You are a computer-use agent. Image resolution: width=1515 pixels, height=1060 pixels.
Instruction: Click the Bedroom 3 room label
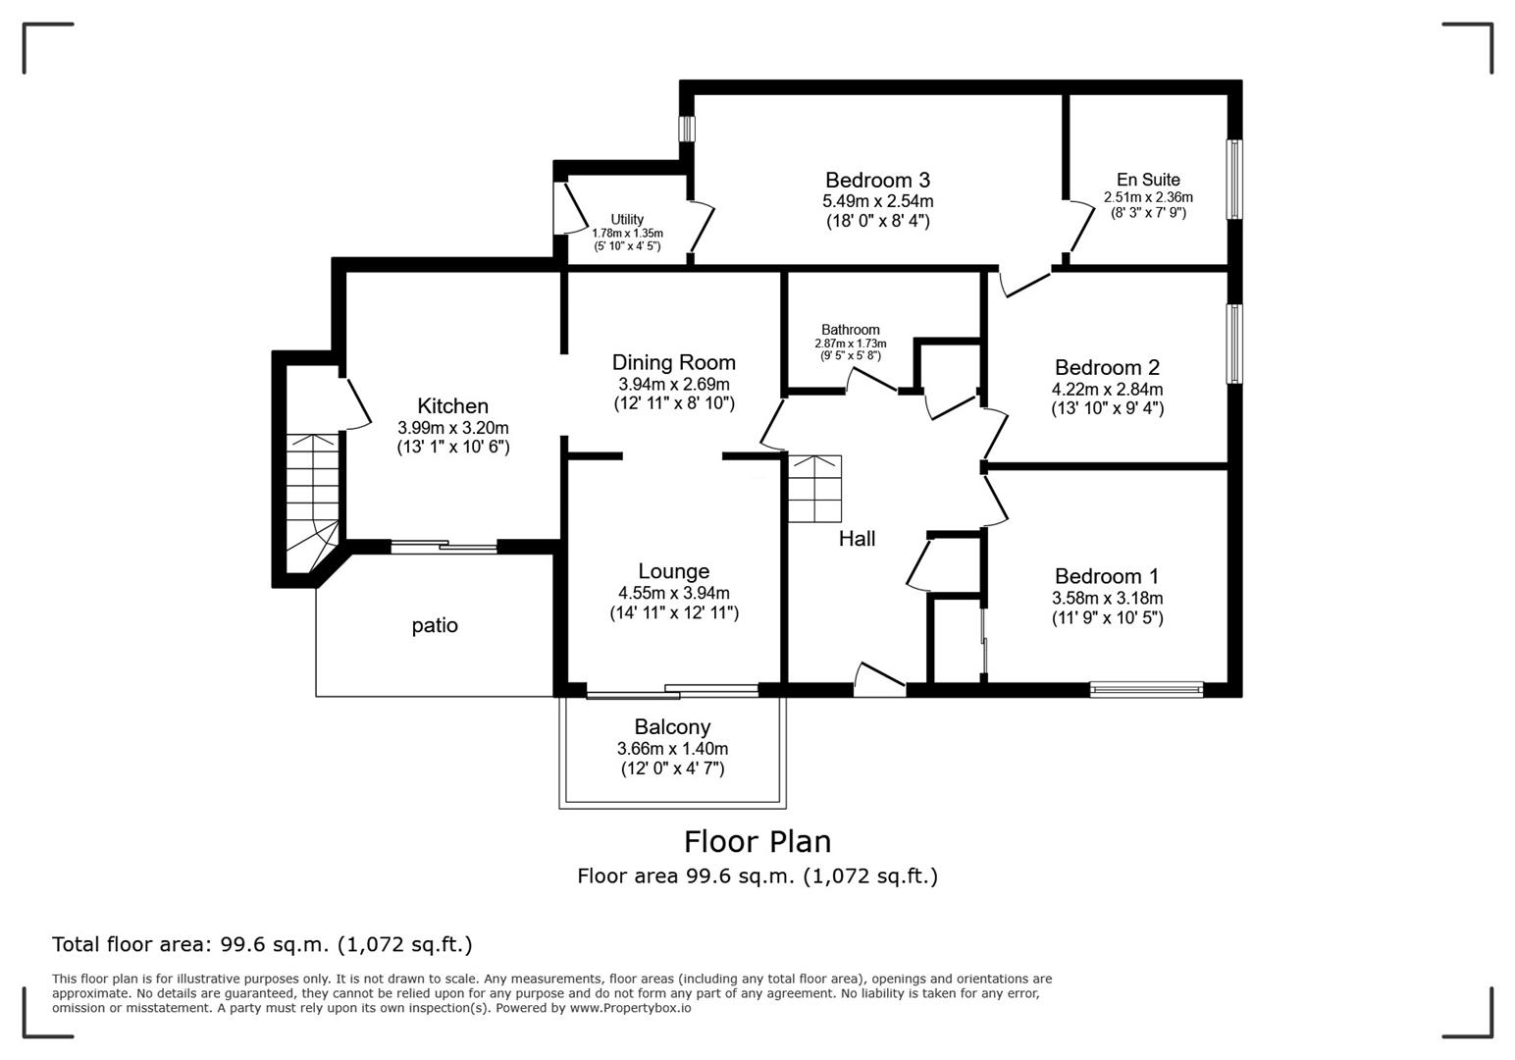[878, 180]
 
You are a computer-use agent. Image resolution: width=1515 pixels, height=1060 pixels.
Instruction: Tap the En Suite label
[1148, 180]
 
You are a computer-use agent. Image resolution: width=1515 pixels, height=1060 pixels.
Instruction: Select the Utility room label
[627, 219]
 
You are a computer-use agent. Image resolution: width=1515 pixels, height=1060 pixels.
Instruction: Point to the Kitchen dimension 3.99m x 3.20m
[453, 428]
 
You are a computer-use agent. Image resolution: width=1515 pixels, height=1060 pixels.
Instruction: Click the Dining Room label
[674, 362]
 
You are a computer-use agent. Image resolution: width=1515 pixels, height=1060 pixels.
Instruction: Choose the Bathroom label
[850, 330]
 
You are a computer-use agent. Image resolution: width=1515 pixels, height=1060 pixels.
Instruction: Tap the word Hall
[857, 539]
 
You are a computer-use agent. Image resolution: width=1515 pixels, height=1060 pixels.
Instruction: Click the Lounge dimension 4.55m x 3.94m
[674, 593]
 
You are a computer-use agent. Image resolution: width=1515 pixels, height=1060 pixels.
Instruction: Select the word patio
[435, 626]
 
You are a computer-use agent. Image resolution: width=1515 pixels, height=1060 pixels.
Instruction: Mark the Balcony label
[672, 727]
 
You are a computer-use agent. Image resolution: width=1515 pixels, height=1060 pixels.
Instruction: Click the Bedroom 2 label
[1107, 367]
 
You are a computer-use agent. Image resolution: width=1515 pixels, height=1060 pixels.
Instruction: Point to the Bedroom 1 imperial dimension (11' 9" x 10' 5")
[1107, 617]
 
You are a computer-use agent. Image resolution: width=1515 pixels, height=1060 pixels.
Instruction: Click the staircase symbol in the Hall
[815, 489]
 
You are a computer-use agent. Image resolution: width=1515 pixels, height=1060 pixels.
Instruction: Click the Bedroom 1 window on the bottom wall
[1146, 690]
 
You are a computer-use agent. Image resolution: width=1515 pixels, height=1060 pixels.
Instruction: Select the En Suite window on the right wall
[1235, 180]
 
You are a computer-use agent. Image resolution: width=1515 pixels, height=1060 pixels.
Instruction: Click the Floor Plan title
[757, 842]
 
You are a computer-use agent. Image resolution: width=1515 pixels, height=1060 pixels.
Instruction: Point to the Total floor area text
[262, 944]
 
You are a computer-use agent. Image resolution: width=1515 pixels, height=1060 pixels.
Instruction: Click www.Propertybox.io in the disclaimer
[630, 1008]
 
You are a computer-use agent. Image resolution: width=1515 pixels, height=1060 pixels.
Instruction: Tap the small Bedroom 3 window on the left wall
[687, 129]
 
